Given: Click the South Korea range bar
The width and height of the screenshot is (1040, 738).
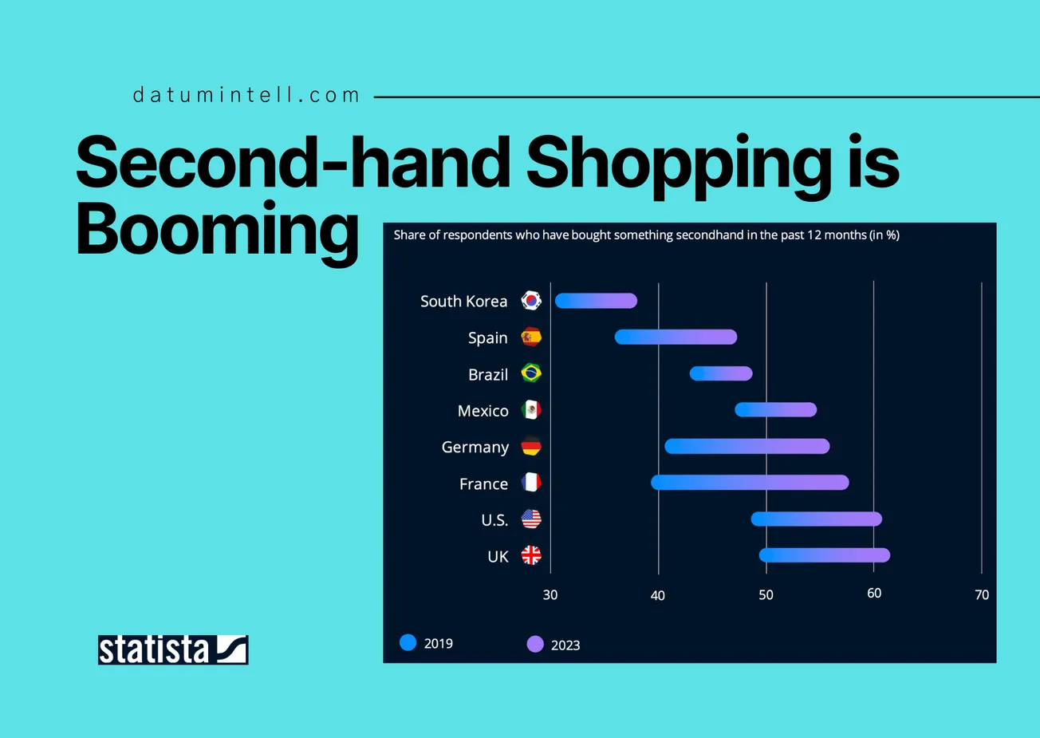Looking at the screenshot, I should tap(596, 301).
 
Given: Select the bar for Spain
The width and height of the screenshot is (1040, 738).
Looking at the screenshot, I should tap(676, 337).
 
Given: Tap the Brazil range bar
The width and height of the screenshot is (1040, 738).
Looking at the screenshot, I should tap(721, 373).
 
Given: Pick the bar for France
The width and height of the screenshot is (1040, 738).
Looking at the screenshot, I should tap(750, 483).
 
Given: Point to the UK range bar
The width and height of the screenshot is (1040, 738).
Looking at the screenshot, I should tap(824, 555).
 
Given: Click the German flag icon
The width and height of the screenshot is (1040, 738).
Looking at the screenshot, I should tap(531, 447).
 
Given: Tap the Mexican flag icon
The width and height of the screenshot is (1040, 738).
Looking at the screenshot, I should tap(531, 410).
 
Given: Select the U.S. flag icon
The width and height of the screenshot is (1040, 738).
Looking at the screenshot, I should tap(531, 519).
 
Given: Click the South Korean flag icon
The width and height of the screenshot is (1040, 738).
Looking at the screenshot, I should tap(531, 301).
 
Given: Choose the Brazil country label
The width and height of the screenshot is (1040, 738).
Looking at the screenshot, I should tap(488, 375).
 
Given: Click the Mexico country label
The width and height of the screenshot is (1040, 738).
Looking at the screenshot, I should tap(483, 411).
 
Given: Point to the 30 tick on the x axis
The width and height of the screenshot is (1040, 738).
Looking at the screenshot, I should tap(550, 595).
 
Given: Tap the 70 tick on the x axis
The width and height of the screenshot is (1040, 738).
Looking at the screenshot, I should tap(982, 595).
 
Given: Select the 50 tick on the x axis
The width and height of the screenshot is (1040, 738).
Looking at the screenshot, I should tap(766, 595).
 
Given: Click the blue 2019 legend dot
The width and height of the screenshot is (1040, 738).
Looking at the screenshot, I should tap(408, 643).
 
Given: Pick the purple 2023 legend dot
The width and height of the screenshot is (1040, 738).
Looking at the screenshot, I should tap(535, 645).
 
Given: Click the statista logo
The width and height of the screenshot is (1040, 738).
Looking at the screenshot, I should tap(173, 650).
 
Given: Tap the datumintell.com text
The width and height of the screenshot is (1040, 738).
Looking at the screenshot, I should tap(246, 96).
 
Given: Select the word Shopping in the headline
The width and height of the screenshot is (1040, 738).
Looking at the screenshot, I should tap(678, 164).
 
